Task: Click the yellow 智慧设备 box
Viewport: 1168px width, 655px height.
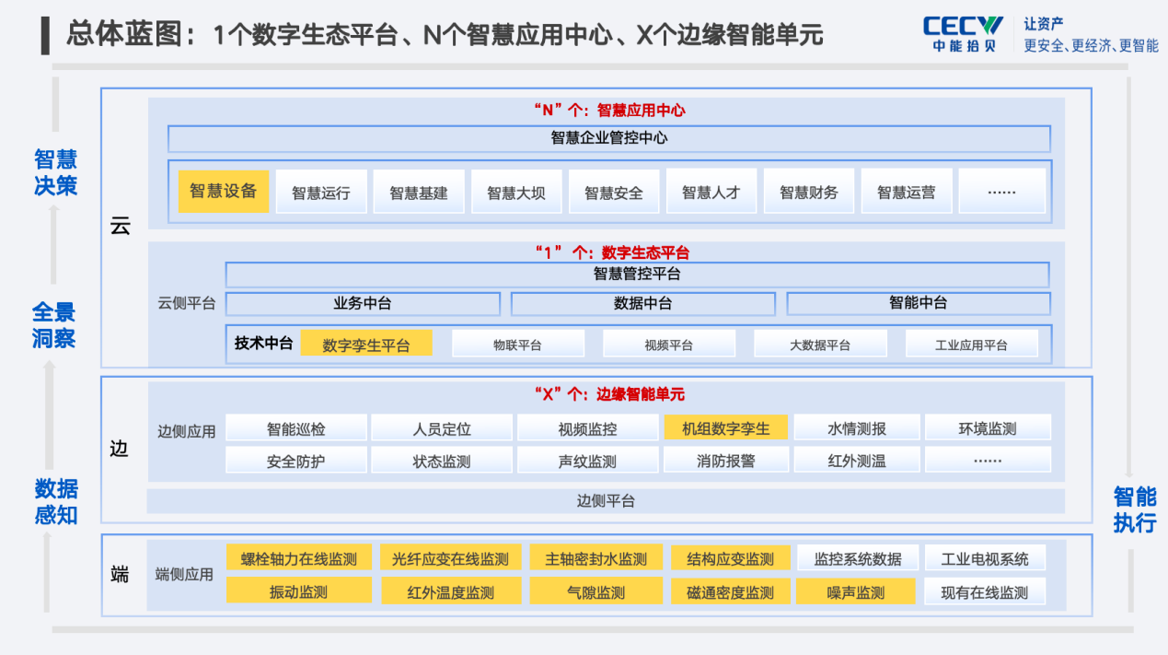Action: pyautogui.click(x=223, y=191)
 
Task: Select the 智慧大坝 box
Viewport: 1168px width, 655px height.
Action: pyautogui.click(x=516, y=191)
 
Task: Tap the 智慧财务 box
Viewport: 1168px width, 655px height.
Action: pyautogui.click(x=809, y=191)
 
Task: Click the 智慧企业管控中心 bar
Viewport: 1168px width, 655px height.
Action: pyautogui.click(x=609, y=138)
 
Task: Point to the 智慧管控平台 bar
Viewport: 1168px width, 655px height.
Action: pyautogui.click(x=637, y=274)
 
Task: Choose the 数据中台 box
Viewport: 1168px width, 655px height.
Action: pyautogui.click(x=643, y=304)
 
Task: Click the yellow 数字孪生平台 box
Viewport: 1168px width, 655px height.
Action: pyautogui.click(x=366, y=344)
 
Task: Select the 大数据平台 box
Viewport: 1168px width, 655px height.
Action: pyautogui.click(x=820, y=344)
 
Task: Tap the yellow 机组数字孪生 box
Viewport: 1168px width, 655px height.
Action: pyautogui.click(x=726, y=428)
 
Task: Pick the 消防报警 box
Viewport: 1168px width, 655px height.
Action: pyautogui.click(x=726, y=461)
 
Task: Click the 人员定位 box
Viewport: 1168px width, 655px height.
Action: pyautogui.click(x=442, y=428)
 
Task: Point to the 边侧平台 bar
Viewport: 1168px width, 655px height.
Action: pyautogui.click(x=606, y=501)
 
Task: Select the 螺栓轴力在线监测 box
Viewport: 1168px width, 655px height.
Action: pyautogui.click(x=299, y=557)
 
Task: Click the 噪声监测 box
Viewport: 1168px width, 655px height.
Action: pyautogui.click(x=856, y=591)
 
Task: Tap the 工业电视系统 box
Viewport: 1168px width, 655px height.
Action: pyautogui.click(x=985, y=558)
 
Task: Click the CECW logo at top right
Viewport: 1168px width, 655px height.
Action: pyautogui.click(x=963, y=34)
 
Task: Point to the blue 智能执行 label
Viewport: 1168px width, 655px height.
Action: pyautogui.click(x=1135, y=509)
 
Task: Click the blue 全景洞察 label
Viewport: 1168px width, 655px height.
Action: pyautogui.click(x=53, y=324)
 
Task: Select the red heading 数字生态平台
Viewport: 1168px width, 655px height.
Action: pyautogui.click(x=645, y=252)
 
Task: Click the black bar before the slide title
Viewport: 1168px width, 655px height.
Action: pyautogui.click(x=45, y=36)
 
